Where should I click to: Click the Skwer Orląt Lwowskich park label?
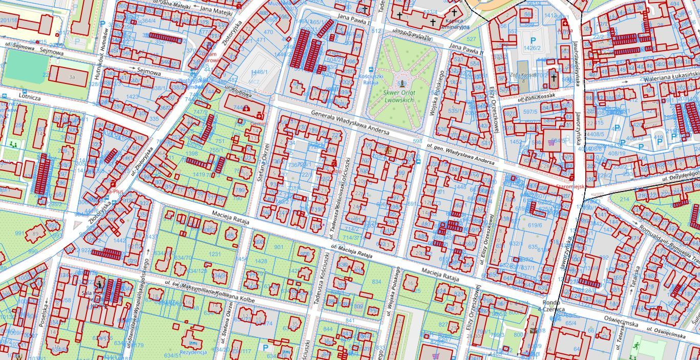coord(402,96)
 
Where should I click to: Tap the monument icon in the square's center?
coord(403,82)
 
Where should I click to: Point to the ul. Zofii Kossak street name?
coord(544,97)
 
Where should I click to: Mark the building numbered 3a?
coord(72,77)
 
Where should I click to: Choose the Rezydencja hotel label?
coord(193,352)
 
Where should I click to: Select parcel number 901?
coord(279,247)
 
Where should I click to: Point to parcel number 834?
coord(376,282)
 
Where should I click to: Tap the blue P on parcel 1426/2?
coord(533,40)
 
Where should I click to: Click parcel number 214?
coord(624,199)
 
